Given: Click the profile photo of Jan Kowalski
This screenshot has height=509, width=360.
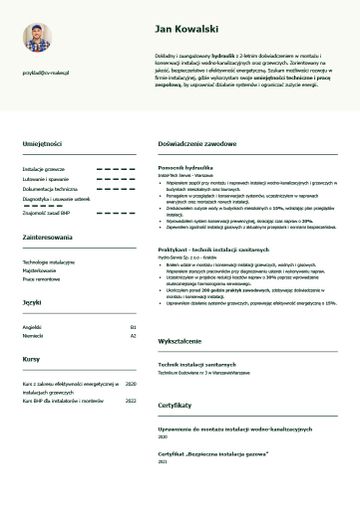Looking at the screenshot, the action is tap(40, 41).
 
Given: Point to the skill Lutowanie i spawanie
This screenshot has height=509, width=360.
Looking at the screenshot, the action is tap(46, 179).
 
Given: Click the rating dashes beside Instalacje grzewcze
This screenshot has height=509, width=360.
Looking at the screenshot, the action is tap(115, 170).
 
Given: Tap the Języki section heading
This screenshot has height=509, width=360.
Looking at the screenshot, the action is tap(32, 301).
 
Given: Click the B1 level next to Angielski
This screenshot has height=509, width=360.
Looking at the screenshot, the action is tap(132, 326).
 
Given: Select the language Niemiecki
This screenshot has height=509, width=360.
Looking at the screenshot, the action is tap(33, 336).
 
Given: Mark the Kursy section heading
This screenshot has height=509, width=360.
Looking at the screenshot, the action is tap(31, 358).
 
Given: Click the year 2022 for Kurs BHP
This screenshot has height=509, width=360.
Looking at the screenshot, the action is tap(130, 400).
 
